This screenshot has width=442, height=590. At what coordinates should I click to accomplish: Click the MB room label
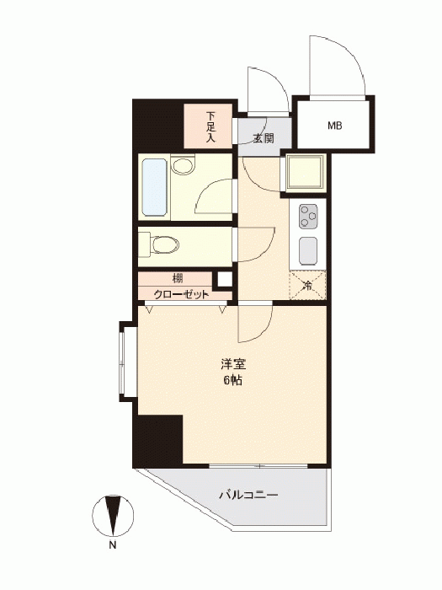(334, 126)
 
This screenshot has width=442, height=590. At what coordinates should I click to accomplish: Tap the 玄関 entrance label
(263, 138)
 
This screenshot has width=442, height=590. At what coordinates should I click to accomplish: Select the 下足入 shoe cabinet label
(210, 126)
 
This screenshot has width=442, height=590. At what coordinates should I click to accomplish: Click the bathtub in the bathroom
(155, 187)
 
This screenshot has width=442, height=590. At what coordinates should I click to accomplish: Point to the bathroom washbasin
(183, 165)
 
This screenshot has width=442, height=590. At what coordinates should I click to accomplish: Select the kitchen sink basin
(308, 250)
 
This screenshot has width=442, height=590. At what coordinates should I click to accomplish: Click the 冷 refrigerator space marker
(307, 286)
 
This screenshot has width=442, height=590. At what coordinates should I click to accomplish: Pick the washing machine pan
(305, 173)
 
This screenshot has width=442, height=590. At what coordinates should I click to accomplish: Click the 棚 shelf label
(178, 279)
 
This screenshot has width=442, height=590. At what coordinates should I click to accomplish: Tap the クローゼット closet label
(181, 294)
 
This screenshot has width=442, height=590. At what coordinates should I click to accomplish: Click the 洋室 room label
(233, 364)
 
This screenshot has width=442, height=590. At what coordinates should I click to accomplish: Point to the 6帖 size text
(233, 380)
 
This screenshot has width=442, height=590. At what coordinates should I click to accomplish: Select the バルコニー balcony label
(248, 494)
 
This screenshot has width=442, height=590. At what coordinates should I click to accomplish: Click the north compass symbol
(113, 516)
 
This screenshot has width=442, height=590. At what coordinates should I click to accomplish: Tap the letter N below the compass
(112, 545)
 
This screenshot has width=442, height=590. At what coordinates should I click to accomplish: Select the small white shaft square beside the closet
(225, 280)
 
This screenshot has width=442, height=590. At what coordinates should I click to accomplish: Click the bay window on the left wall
(123, 362)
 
